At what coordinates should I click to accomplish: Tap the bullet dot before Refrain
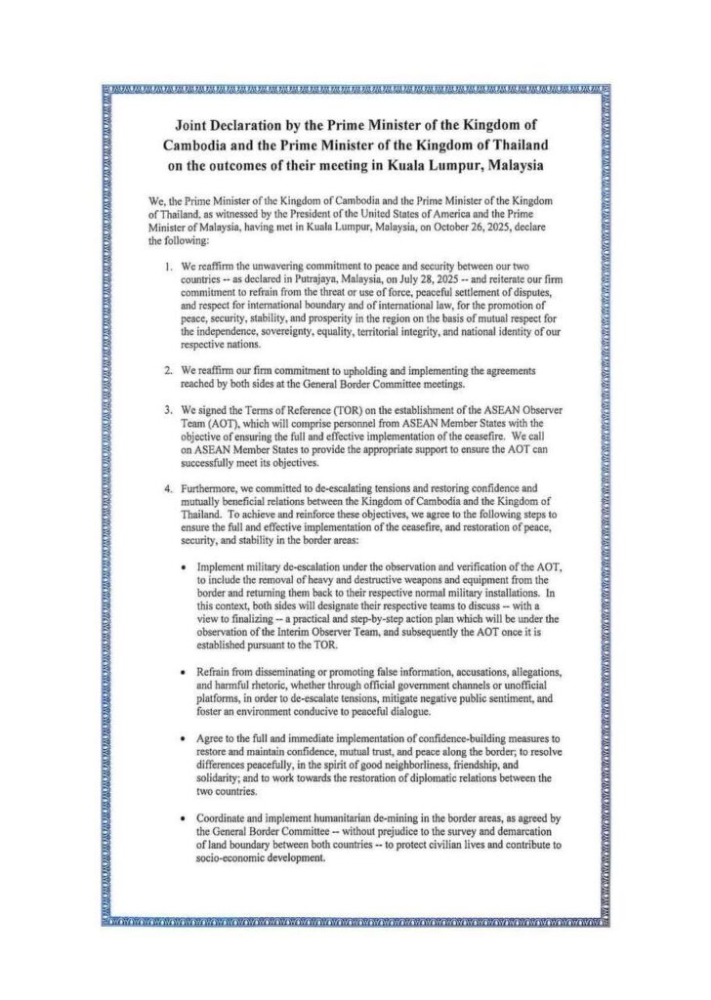tap(185, 674)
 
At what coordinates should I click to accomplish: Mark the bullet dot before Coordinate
tap(185, 818)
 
